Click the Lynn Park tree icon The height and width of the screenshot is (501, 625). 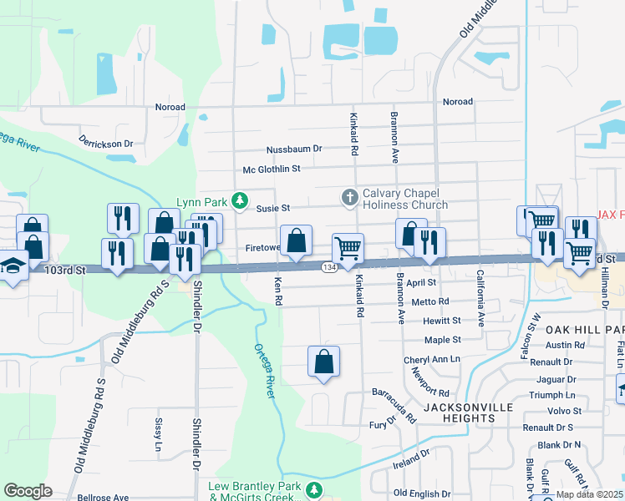point(240,200)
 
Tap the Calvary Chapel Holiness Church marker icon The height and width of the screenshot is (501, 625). point(350,197)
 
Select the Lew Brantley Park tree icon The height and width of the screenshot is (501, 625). point(314,490)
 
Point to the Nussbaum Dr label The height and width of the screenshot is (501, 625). point(294,149)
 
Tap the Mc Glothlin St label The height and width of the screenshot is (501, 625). point(272,170)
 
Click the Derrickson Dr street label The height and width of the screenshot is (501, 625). point(106,144)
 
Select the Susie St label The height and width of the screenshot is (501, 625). point(273,209)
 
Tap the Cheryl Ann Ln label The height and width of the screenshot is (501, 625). point(432,359)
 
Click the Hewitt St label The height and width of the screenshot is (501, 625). point(442,321)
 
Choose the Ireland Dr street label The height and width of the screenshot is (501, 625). point(410,458)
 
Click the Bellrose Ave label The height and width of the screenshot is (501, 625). point(103,497)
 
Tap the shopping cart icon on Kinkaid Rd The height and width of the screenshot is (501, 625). point(348,248)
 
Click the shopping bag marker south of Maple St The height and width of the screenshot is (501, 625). point(323,362)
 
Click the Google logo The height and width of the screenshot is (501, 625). point(28,491)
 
